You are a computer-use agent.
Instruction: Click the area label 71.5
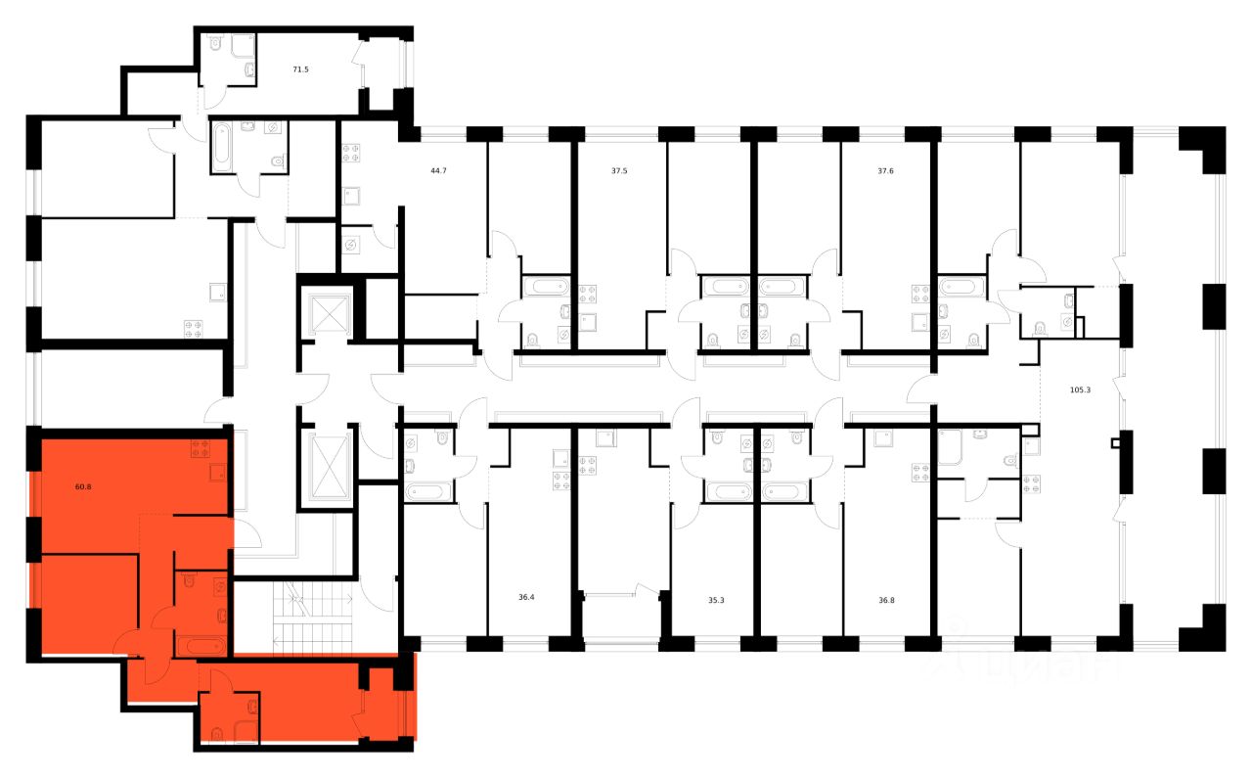click(302, 70)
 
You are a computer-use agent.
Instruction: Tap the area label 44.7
click(438, 170)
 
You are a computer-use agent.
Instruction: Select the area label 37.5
click(619, 170)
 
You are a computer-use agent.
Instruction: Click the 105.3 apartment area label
click(1080, 389)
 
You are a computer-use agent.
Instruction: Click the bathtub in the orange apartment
click(201, 645)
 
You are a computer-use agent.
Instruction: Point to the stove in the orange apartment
click(201, 448)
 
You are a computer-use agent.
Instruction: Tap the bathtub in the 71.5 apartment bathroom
click(222, 147)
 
